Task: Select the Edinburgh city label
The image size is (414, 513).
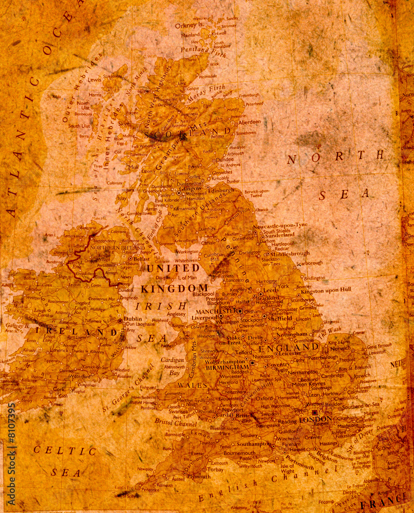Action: (221, 190)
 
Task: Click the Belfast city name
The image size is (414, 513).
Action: (141, 259)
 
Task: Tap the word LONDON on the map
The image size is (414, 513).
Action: (316, 419)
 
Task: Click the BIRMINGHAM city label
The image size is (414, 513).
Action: (228, 367)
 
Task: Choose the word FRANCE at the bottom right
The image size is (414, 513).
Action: (383, 502)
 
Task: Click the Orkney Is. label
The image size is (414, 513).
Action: (189, 25)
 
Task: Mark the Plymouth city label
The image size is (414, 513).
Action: (198, 476)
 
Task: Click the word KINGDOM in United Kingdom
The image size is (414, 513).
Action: (175, 289)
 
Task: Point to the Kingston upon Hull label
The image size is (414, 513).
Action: (326, 290)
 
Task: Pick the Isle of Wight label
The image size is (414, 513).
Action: (288, 468)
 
